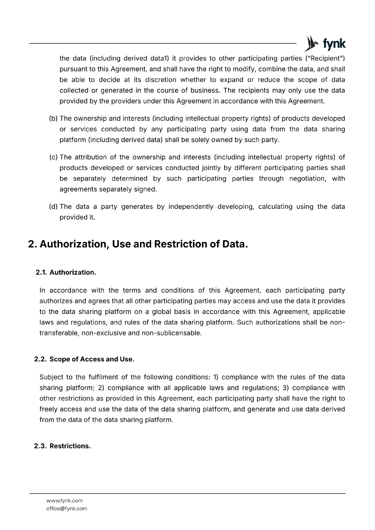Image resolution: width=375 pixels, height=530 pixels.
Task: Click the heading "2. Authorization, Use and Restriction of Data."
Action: tap(138, 244)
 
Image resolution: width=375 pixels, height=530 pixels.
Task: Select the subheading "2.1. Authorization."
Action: tap(66, 272)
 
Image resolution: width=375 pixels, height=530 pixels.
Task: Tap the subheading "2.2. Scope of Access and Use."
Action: tap(84, 359)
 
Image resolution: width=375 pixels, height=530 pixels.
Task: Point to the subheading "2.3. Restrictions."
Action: tap(62, 446)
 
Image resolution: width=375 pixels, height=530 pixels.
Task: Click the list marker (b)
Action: tap(53, 119)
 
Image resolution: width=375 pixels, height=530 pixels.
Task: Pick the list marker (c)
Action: tap(53, 157)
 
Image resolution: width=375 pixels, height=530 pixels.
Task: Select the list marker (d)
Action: tap(53, 207)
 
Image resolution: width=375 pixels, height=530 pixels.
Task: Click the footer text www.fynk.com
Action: tap(64, 501)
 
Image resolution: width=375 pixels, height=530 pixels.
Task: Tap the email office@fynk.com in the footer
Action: tap(67, 508)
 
